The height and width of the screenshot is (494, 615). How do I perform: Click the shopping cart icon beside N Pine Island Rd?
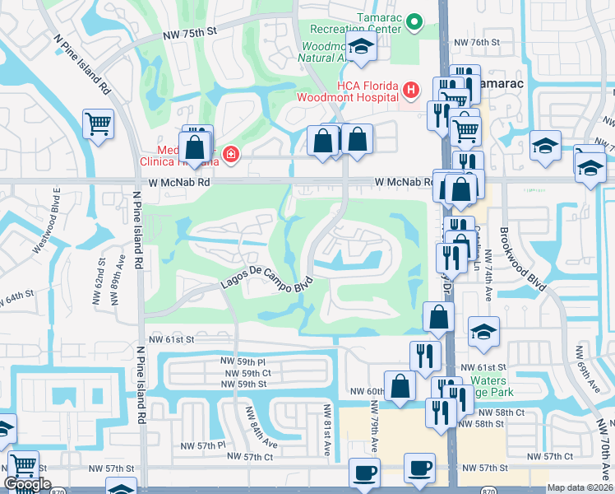[98, 124]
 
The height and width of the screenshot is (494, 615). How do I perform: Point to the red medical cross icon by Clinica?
[231, 154]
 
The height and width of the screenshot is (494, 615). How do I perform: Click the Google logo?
[27, 484]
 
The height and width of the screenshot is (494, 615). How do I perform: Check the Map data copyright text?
[580, 487]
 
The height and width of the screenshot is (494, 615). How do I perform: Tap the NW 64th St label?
[16, 293]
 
